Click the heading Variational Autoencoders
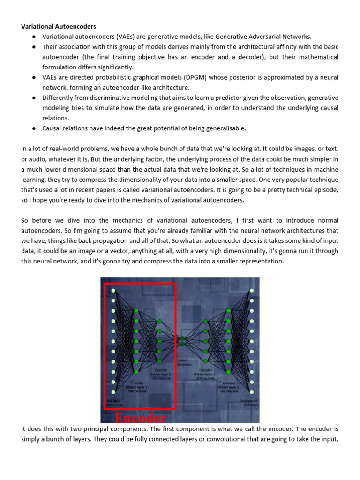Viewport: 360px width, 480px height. [59, 27]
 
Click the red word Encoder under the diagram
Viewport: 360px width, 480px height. [140, 418]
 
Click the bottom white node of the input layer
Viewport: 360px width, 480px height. [113, 392]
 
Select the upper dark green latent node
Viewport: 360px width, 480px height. [183, 338]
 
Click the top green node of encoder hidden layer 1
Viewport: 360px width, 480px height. [136, 311]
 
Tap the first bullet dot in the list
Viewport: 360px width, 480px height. [35, 37]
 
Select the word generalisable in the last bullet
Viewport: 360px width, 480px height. [222, 128]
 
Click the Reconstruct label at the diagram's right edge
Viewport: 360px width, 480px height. [249, 402]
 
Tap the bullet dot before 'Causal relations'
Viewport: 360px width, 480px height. [35, 128]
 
